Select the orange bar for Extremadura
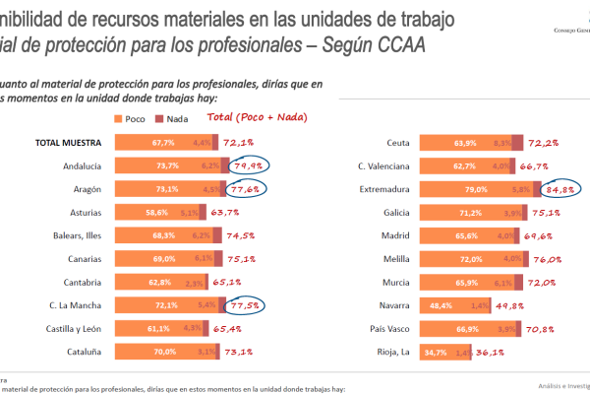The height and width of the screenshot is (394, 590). pos(461,189)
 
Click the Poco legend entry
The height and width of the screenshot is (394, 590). pos(135,119)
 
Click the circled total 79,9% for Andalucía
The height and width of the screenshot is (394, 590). pos(246,166)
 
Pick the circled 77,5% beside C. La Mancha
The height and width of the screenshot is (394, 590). pos(246,305)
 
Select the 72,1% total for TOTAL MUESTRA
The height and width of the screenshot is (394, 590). pos(241,143)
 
